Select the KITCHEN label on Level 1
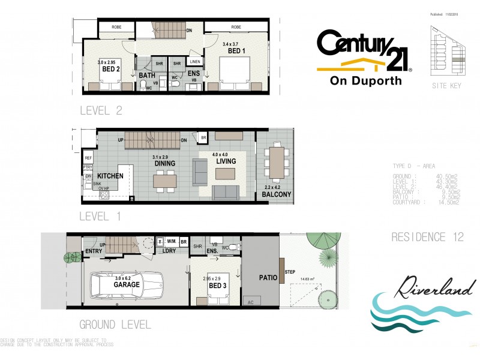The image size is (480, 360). point(110,176)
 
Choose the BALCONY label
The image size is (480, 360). point(277,194)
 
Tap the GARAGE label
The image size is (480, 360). point(127,286)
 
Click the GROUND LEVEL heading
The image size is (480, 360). point(115,325)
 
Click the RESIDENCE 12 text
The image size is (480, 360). point(427,237)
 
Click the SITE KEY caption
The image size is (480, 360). point(447,86)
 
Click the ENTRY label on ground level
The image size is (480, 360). point(94,251)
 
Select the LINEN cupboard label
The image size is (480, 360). point(194,62)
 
